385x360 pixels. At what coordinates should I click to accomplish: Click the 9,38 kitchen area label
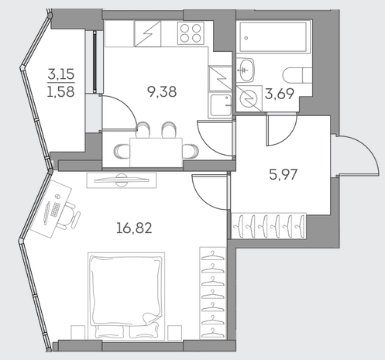coord(162,92)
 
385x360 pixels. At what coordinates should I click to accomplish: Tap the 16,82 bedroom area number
coord(134,228)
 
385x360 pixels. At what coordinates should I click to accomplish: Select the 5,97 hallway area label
coord(284,175)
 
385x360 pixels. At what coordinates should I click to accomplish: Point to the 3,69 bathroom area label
coord(280,94)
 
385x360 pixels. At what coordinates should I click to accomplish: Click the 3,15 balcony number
coord(61,74)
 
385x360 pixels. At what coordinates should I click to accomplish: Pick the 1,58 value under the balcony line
coord(61,91)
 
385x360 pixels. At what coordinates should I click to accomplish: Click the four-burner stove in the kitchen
coord(191,33)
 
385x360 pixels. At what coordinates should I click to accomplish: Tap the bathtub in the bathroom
coord(273,37)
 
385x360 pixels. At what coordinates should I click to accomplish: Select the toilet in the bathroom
coord(297,76)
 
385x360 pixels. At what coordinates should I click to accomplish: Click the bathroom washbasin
coord(246,70)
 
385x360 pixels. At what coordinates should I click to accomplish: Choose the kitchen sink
coord(221,105)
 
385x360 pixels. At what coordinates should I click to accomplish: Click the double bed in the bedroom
coord(126,296)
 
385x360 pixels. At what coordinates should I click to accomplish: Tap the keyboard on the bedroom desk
coord(55,210)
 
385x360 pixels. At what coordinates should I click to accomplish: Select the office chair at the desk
coord(70,216)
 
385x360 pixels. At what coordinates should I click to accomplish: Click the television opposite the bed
coord(122,180)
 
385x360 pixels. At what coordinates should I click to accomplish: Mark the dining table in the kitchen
coord(156,153)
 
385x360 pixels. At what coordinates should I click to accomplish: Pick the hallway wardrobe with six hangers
coord(269,226)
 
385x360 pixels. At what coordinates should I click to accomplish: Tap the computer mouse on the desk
coord(57,197)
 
